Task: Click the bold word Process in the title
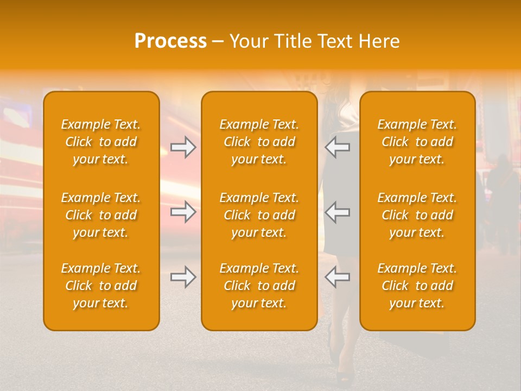click(x=170, y=41)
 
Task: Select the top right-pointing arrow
click(x=183, y=147)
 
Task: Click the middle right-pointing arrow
click(x=183, y=212)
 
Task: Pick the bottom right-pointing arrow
click(x=183, y=277)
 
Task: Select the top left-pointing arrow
click(x=338, y=147)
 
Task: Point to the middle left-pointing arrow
click(x=338, y=212)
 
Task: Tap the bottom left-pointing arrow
click(x=338, y=277)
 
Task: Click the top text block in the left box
click(x=101, y=142)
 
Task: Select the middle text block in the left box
click(x=101, y=215)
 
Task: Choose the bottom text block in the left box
click(x=101, y=286)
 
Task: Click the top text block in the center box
click(x=259, y=142)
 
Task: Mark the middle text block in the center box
click(x=259, y=215)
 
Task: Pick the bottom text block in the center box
click(x=259, y=286)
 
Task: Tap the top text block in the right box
click(x=417, y=142)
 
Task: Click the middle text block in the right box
click(x=417, y=215)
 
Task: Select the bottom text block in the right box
click(x=417, y=286)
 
